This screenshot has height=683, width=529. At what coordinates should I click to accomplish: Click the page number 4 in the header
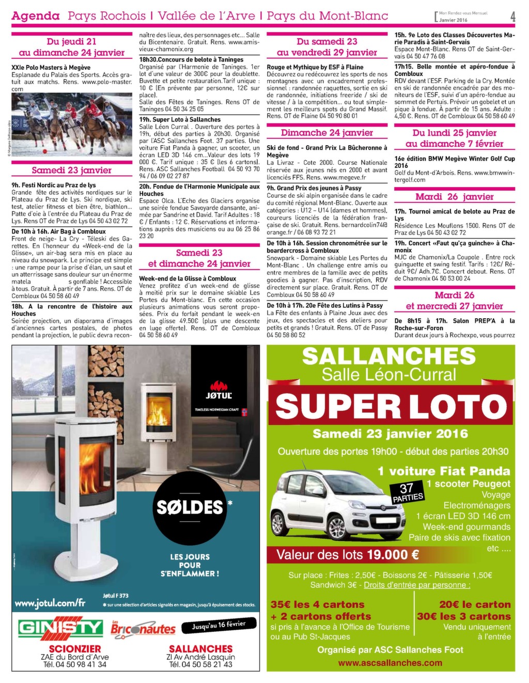[512, 17]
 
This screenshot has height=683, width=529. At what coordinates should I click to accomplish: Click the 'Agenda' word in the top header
[36, 16]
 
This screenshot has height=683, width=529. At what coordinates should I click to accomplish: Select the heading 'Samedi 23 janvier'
[71, 170]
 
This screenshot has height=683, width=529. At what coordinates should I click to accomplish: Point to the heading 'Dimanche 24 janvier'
[327, 133]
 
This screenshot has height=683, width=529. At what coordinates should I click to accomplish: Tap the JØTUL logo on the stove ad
[219, 391]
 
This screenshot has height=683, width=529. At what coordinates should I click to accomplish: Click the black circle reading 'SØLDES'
[190, 507]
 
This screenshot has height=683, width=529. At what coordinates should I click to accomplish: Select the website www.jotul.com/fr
[50, 603]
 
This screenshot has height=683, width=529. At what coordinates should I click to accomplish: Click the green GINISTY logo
[60, 627]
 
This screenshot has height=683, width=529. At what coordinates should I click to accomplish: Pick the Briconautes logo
[143, 628]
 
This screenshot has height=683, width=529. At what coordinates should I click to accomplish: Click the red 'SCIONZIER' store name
[75, 648]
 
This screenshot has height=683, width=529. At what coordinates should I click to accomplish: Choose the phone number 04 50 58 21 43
[200, 664]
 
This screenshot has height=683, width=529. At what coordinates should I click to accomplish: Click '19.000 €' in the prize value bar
[393, 555]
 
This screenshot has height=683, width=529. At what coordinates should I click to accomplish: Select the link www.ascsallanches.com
[390, 663]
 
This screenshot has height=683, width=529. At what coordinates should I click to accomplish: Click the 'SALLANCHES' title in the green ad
[388, 356]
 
